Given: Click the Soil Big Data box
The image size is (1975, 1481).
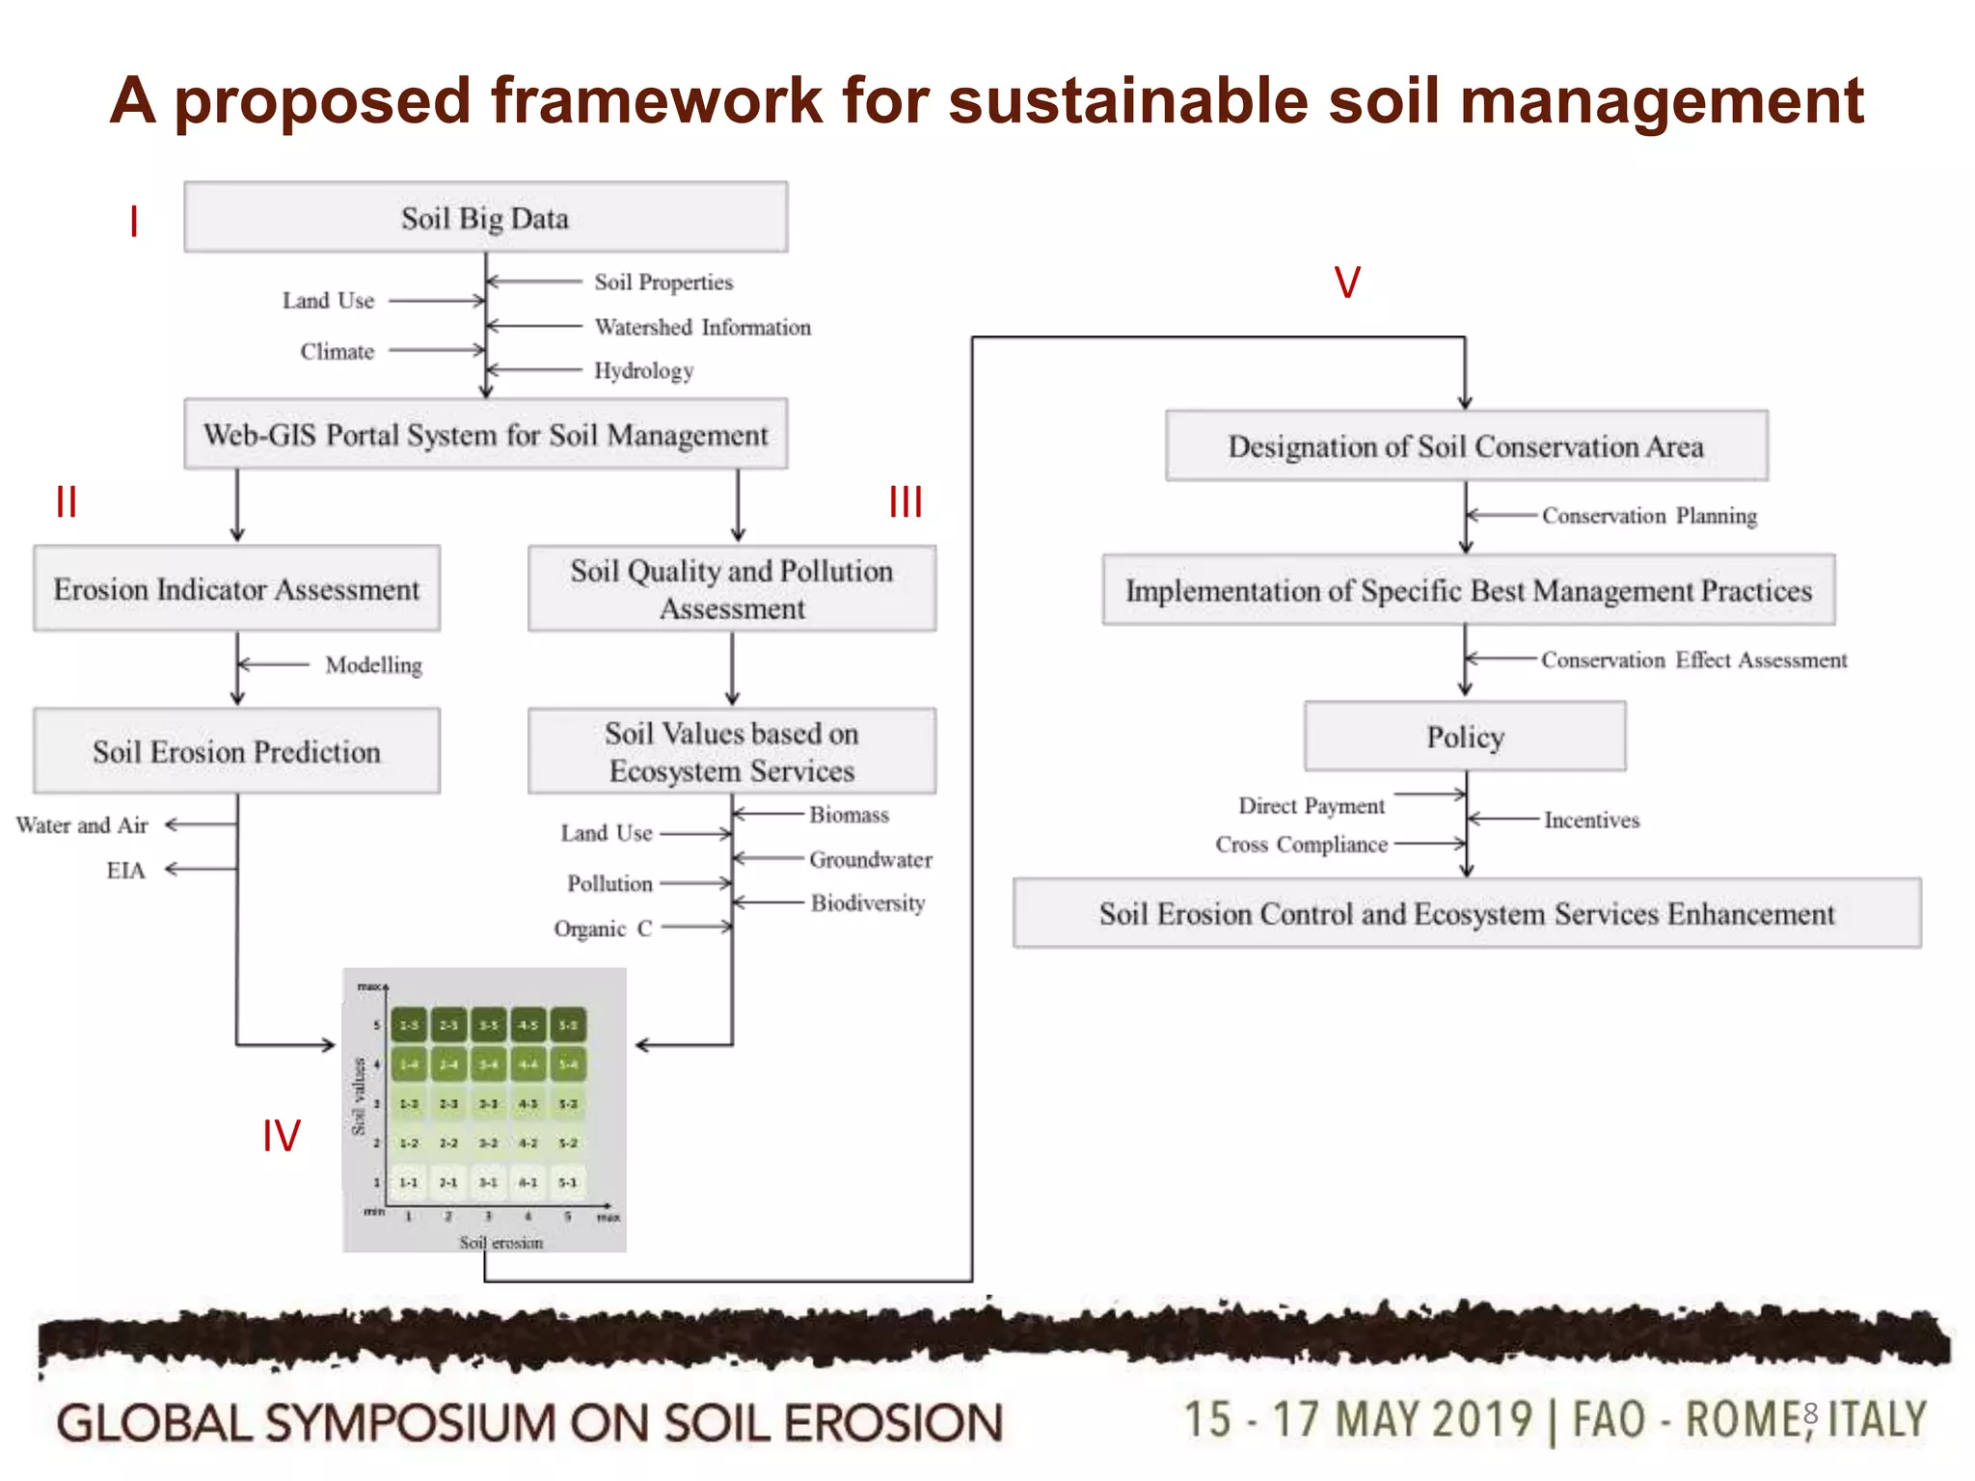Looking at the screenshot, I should click(x=485, y=218).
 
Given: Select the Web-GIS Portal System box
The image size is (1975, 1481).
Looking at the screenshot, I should click(x=485, y=435).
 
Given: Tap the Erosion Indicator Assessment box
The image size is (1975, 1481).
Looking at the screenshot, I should click(x=236, y=589).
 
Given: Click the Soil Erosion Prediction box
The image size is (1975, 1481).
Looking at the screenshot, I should click(x=236, y=751).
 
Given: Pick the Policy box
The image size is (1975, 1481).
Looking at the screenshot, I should click(x=1465, y=737).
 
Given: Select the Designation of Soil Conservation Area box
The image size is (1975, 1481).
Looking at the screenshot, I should click(x=1466, y=446).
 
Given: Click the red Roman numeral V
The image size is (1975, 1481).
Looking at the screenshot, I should click(x=1347, y=283).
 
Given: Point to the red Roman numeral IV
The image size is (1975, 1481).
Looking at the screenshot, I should click(x=282, y=1136).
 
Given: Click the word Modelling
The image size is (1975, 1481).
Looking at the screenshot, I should click(x=373, y=665).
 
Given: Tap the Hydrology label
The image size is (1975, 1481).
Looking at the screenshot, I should click(x=643, y=370).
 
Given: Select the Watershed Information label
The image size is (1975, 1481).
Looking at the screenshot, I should click(x=702, y=327).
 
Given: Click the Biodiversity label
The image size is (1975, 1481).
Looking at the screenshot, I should click(x=867, y=903).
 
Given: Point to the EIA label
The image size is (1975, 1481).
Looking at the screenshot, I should click(x=125, y=871).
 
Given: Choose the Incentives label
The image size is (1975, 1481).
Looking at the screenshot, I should click(x=1591, y=820).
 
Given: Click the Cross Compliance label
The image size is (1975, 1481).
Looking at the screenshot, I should click(x=1301, y=845).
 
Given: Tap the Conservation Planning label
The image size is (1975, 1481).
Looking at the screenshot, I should click(x=1649, y=516).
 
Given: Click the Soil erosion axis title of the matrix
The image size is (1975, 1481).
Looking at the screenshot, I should click(x=501, y=1243).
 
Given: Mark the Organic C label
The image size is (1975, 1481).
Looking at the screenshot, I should click(x=603, y=929).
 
